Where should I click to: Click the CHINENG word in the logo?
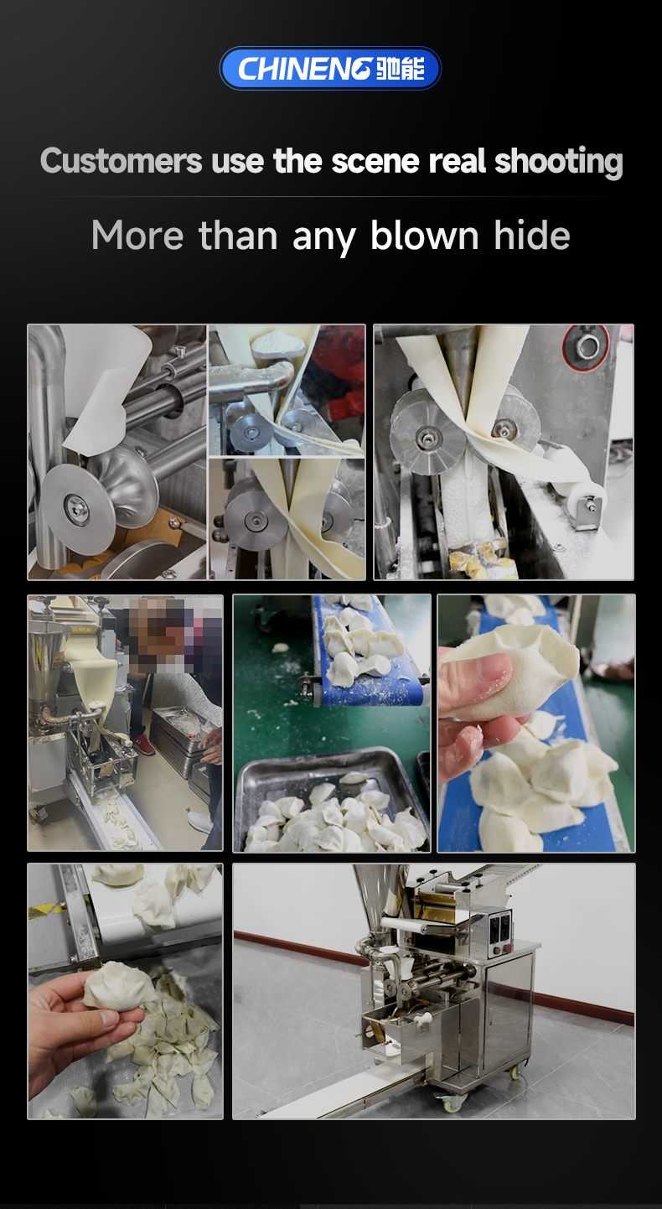(x=305, y=69)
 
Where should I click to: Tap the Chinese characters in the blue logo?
(x=401, y=69)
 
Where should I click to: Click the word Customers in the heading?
(x=122, y=161)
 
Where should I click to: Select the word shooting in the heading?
(x=558, y=162)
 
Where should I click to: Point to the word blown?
(x=425, y=236)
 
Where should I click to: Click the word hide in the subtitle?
(x=532, y=236)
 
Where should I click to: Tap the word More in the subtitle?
(x=137, y=236)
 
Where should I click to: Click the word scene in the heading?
(x=375, y=161)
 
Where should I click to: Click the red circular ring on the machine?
(x=586, y=347)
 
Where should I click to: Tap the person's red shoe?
(x=143, y=745)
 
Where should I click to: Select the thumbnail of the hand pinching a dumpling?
(x=536, y=724)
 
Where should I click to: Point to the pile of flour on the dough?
(x=279, y=343)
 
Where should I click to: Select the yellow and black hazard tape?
(x=47, y=911)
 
